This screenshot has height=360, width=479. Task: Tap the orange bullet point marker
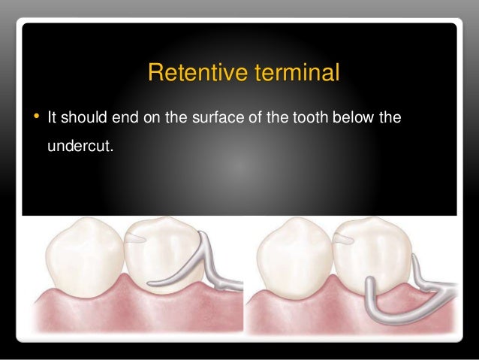[35, 117]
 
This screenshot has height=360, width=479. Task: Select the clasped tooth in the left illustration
[161, 252]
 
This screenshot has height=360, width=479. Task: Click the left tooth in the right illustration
[293, 256]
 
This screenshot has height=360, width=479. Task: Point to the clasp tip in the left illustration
[155, 284]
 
